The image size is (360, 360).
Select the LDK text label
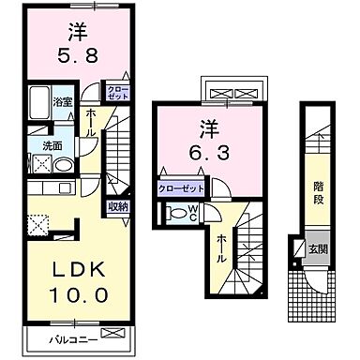pyautogui.click(x=68, y=269)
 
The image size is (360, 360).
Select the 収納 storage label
pyautogui.click(x=118, y=205)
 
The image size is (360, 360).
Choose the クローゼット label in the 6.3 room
pyautogui.click(x=179, y=187)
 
